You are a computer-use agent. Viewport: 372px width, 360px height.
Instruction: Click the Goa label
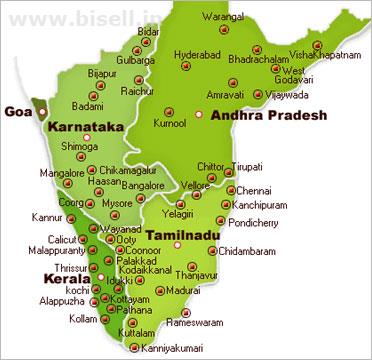17,112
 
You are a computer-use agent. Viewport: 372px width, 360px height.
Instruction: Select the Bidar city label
148,33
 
